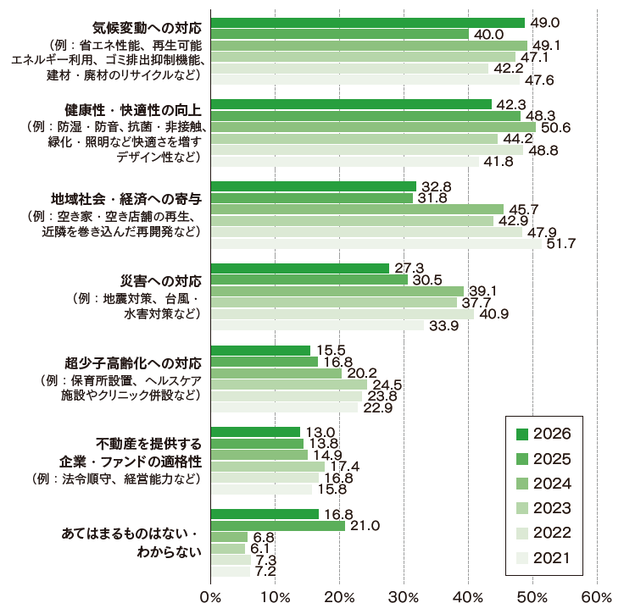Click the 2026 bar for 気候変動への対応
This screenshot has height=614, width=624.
click(x=367, y=23)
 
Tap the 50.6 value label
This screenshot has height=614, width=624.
click(x=555, y=128)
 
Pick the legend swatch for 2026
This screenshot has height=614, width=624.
click(x=523, y=434)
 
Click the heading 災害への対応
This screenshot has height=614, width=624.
click(x=161, y=280)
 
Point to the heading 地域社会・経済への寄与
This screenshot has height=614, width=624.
click(x=134, y=198)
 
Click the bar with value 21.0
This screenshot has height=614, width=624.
click(x=277, y=526)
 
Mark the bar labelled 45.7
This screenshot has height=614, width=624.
click(x=356, y=209)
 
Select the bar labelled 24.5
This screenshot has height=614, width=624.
click(x=288, y=384)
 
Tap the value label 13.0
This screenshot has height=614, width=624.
click(x=319, y=431)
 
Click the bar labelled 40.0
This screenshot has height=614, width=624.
click(x=338, y=34)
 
